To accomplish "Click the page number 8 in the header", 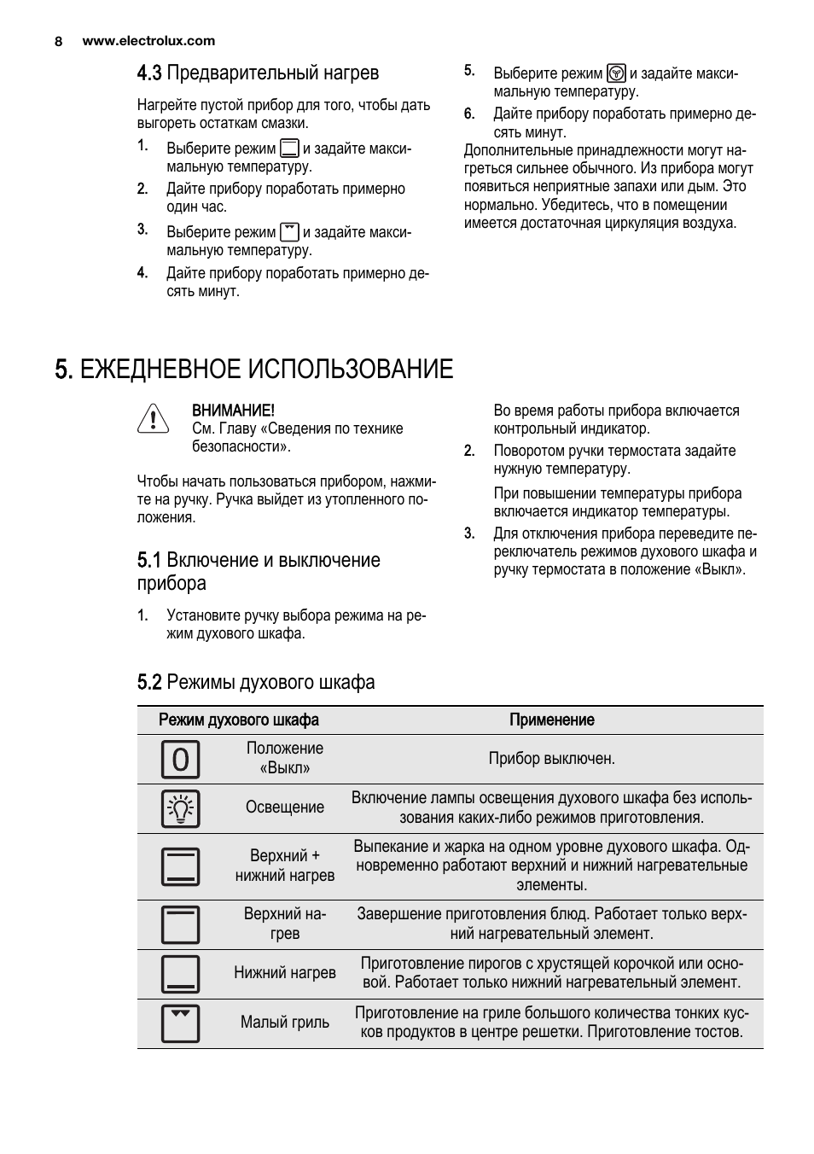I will pyautogui.click(x=59, y=41).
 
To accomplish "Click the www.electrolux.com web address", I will pyautogui.click(x=148, y=41).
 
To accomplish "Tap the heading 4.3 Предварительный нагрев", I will pyautogui.click(x=258, y=73).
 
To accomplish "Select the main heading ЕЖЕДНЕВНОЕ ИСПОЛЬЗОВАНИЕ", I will pyautogui.click(x=253, y=370).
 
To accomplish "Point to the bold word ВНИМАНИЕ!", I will pyautogui.click(x=233, y=411).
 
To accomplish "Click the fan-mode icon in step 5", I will pyautogui.click(x=616, y=73).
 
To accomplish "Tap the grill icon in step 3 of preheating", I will pyautogui.click(x=289, y=231).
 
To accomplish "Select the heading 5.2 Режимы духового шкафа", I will pyautogui.click(x=256, y=682).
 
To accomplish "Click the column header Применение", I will pyautogui.click(x=551, y=720).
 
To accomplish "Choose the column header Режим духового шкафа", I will pyautogui.click(x=239, y=720).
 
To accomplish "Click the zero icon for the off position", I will pyautogui.click(x=180, y=759).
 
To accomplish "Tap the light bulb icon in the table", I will pyautogui.click(x=180, y=808).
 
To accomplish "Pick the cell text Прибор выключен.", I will pyautogui.click(x=551, y=758).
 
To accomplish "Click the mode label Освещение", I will pyautogui.click(x=285, y=807).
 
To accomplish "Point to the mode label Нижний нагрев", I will pyautogui.click(x=285, y=973).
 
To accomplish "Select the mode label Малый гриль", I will pyautogui.click(x=285, y=1023).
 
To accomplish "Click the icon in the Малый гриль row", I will pyautogui.click(x=180, y=1023).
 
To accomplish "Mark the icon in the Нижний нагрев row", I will pyautogui.click(x=180, y=974).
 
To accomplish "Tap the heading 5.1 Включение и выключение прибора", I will pyautogui.click(x=259, y=571).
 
